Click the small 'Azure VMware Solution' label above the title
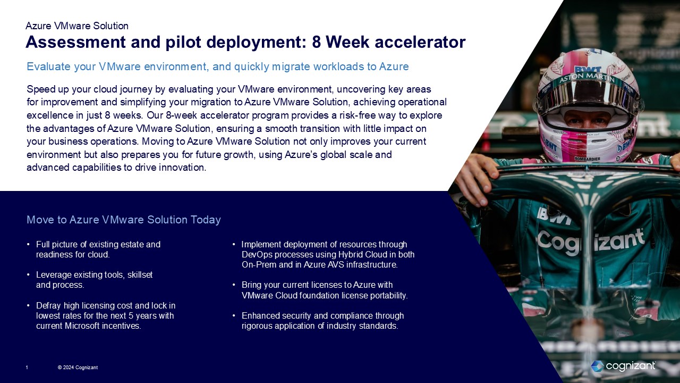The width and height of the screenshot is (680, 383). click(x=77, y=26)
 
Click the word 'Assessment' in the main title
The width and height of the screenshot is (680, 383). click(x=75, y=42)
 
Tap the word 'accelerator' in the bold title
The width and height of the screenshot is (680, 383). click(x=420, y=42)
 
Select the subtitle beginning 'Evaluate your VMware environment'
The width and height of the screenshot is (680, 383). click(x=218, y=66)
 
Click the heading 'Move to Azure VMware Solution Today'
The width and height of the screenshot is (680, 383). click(x=124, y=220)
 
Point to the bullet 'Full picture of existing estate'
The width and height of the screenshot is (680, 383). click(x=98, y=249)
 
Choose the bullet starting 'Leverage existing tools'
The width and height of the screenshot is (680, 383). click(x=94, y=280)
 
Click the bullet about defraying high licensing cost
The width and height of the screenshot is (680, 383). click(x=105, y=315)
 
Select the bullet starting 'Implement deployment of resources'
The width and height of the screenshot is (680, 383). click(x=328, y=254)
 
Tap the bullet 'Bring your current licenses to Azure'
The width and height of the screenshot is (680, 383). click(x=325, y=290)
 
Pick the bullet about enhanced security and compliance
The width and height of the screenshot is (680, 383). click(x=322, y=321)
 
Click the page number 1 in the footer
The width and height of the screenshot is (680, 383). click(x=27, y=368)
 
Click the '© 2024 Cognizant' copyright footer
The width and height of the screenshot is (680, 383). click(x=78, y=368)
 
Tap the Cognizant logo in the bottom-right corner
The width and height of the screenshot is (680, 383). click(x=623, y=366)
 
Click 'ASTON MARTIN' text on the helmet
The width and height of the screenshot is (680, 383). click(x=586, y=78)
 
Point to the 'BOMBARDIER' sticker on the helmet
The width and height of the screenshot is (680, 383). click(x=587, y=159)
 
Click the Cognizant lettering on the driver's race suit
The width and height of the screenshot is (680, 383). click(x=591, y=242)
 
